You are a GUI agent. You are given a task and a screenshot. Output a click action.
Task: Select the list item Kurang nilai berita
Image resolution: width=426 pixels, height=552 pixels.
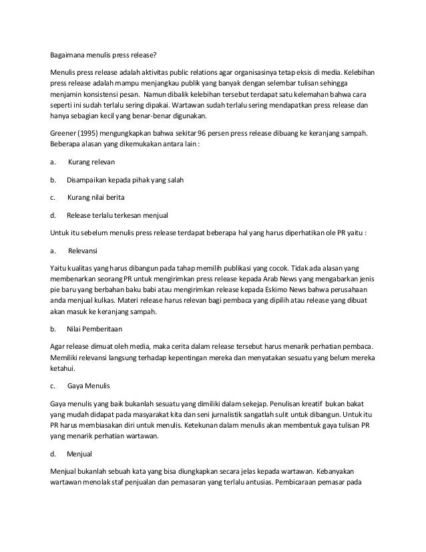pos(95,198)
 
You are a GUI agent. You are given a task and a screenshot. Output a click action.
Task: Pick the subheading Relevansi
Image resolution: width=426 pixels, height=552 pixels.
pos(83,251)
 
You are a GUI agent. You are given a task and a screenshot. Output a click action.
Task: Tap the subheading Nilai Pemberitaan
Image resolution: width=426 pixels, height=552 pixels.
pos(94,329)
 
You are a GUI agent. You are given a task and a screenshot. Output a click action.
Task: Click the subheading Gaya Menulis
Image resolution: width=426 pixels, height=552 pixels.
pos(89,386)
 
